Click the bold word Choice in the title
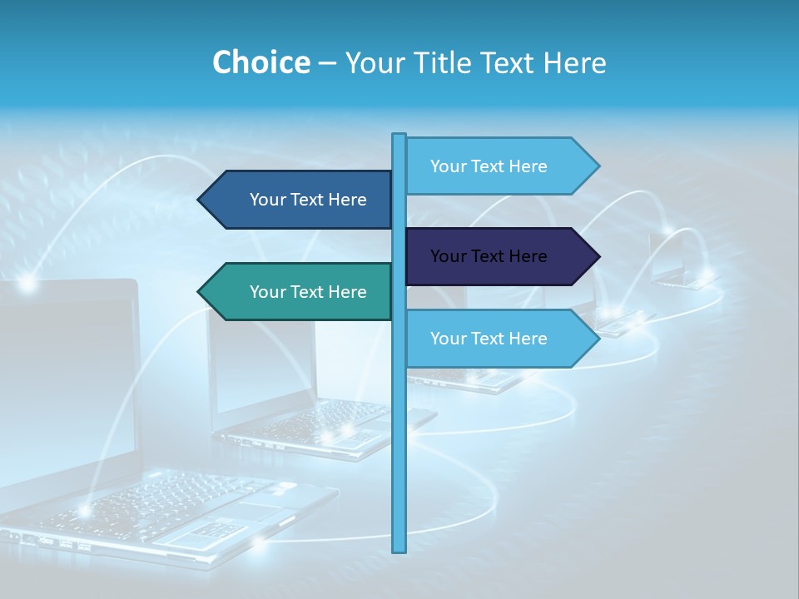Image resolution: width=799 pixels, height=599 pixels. click(261, 62)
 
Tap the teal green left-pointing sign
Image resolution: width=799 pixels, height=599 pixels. click(300, 291)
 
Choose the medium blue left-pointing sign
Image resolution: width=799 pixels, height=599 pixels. click(300, 200)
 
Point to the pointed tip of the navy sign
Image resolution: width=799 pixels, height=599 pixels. click(598, 256)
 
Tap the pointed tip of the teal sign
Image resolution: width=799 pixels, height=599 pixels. click(200, 291)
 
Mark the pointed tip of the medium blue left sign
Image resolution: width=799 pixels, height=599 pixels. click(200, 200)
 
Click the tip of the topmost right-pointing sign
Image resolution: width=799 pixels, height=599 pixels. click(598, 166)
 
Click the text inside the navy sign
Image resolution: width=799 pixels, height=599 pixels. click(489, 256)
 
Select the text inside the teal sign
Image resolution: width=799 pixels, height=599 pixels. click(308, 292)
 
